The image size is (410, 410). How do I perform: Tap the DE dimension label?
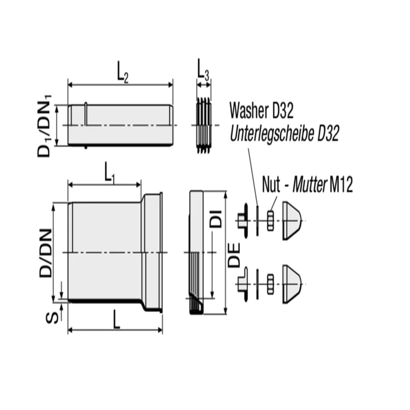tap(234, 255)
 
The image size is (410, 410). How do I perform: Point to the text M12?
tap(341, 184)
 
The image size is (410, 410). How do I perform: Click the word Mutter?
tap(310, 184)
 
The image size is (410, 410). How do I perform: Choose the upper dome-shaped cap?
tap(292, 221)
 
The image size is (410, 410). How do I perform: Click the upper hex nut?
tap(270, 221)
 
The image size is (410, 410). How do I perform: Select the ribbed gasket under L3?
tap(203, 125)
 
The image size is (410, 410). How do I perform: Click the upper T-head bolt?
tap(242, 221)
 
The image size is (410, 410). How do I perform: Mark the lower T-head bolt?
tap(242, 282)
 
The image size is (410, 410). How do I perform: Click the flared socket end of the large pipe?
tap(153, 252)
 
